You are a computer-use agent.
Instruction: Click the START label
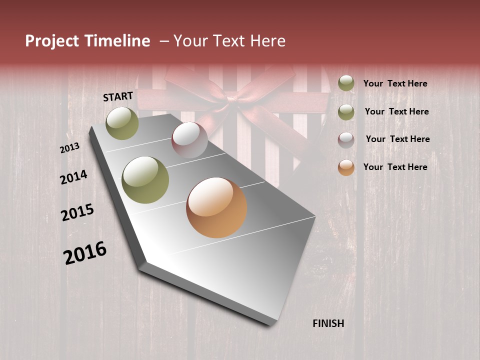coord(118,96)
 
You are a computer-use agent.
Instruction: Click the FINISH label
coord(328,323)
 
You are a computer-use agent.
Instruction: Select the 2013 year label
coord(69,148)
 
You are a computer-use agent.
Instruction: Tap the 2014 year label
coord(73,177)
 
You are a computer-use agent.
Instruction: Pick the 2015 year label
coord(77,212)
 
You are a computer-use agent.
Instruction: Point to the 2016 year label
coord(85,253)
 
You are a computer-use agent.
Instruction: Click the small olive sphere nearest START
coord(122,123)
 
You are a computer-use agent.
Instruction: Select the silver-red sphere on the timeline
coord(189,140)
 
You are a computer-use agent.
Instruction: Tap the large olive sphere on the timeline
coord(145,180)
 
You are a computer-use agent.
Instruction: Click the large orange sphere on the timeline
coord(216,207)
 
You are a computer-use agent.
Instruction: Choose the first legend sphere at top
coord(346,83)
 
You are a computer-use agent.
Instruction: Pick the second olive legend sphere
coord(346,111)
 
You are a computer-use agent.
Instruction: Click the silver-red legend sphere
coord(346,139)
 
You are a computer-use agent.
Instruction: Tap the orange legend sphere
coord(346,167)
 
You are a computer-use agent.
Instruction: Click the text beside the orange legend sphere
coord(395,167)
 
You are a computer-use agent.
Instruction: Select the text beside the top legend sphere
coord(395,83)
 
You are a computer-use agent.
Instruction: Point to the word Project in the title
coord(51,41)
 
